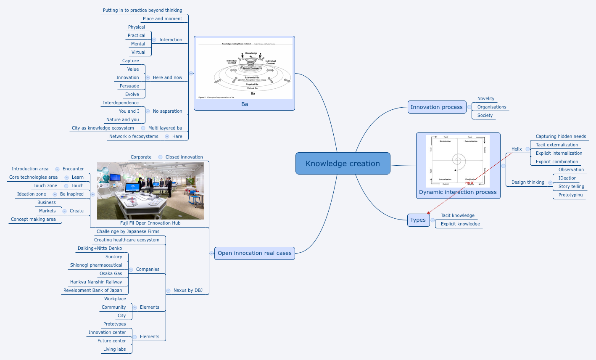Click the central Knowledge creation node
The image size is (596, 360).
point(343,164)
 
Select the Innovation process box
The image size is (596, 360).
point(436,107)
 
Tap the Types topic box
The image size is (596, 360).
point(418,220)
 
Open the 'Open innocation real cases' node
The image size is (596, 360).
point(254,253)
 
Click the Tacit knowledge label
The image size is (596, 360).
point(457,215)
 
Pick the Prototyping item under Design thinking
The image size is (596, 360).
point(570,195)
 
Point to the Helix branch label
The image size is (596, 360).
point(517,149)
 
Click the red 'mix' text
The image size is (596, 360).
point(469,183)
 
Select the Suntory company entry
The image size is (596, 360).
point(113,257)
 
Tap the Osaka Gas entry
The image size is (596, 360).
point(111,273)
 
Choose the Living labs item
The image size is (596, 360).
point(114,349)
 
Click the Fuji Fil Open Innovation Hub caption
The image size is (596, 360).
point(150,223)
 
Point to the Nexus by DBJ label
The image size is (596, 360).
point(188,290)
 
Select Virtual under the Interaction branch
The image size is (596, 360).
point(138,52)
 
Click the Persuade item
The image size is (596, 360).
point(129,86)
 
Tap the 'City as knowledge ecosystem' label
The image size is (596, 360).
point(103,128)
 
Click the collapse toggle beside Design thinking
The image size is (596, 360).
point(550,183)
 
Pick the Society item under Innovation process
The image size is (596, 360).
point(485,115)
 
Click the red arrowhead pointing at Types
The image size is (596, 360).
point(428,213)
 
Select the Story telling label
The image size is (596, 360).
point(571,186)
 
